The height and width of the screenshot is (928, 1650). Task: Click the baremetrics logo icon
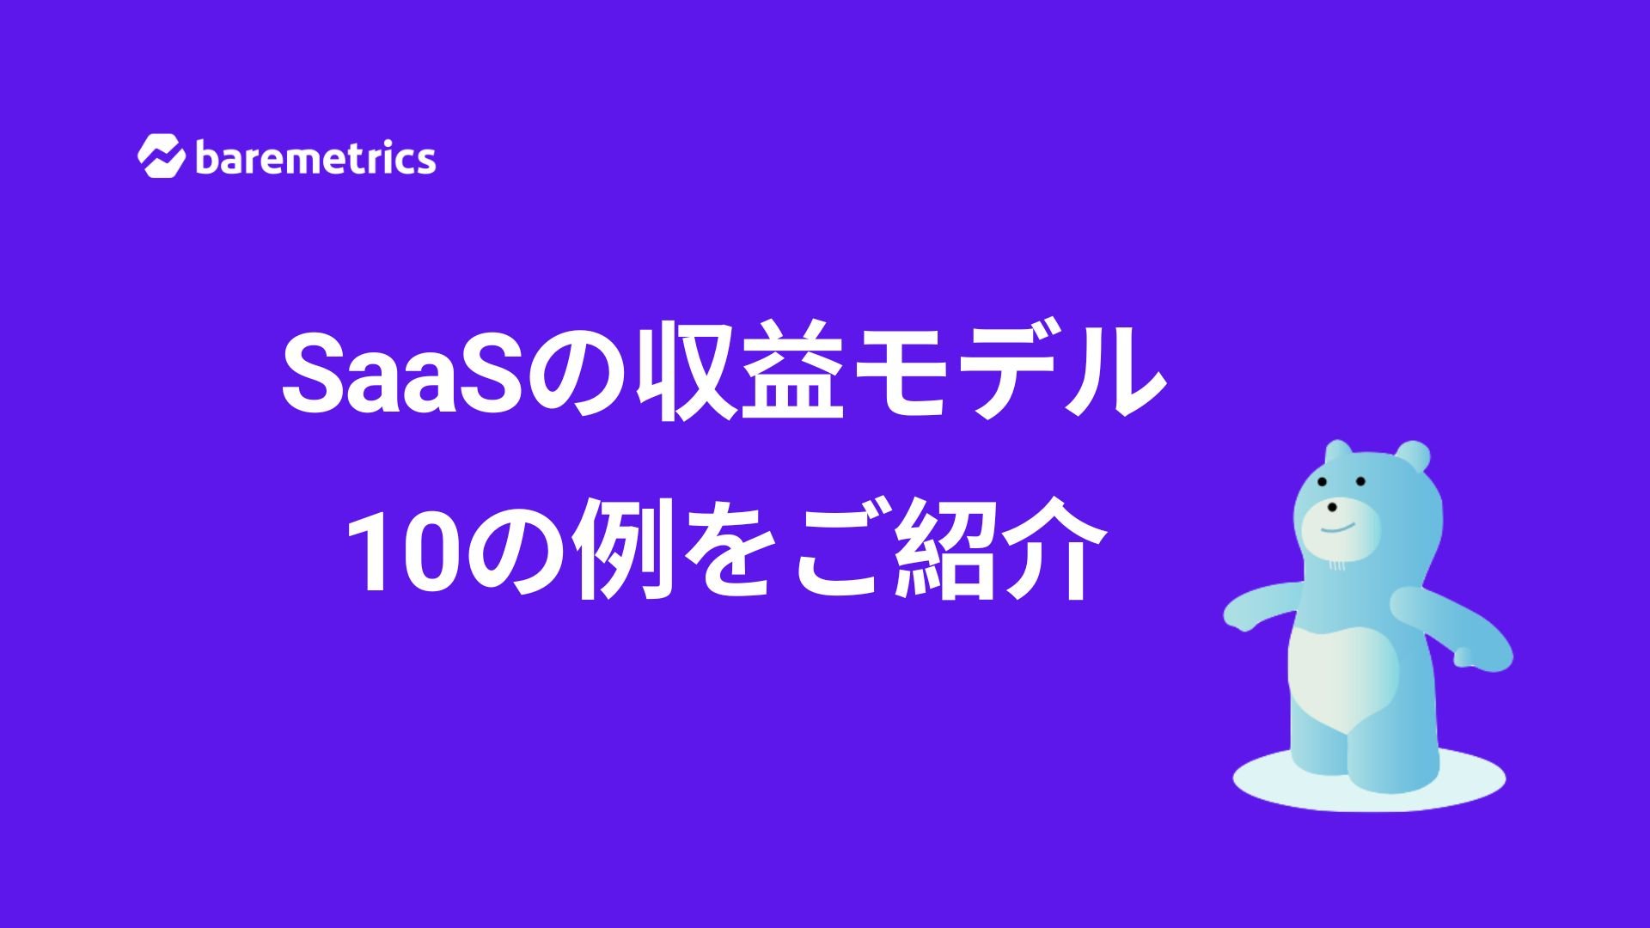click(161, 156)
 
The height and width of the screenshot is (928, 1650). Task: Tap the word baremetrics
click(316, 158)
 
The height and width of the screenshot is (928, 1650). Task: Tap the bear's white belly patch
click(1345, 679)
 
